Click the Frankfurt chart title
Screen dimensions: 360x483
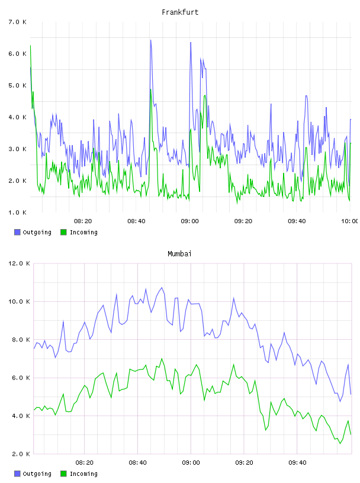tap(180, 12)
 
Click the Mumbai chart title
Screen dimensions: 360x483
tap(179, 254)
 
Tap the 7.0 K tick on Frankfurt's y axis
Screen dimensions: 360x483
tap(17, 22)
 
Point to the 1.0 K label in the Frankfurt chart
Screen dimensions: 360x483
tap(17, 212)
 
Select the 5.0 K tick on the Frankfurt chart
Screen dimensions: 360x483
tap(17, 85)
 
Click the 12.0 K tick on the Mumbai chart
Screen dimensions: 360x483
tap(19, 263)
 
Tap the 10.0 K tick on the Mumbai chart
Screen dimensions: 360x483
tap(19, 301)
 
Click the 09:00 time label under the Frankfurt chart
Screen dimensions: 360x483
tap(189, 221)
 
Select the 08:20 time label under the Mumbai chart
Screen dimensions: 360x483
tap(84, 463)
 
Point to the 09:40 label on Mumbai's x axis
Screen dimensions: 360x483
tap(297, 463)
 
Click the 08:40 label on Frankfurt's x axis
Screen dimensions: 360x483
tap(136, 221)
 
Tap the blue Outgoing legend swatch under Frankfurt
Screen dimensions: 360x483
tap(17, 232)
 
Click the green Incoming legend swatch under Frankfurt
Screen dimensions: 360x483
tap(63, 232)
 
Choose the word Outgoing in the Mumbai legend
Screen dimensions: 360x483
tap(37, 474)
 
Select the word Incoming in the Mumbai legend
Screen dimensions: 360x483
tap(83, 474)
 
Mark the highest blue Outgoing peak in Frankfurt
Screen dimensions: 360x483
tap(150, 40)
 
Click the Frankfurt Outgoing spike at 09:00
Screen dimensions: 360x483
tap(191, 43)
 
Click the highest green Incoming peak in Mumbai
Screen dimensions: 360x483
tap(162, 359)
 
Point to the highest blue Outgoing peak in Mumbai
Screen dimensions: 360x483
tap(162, 288)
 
